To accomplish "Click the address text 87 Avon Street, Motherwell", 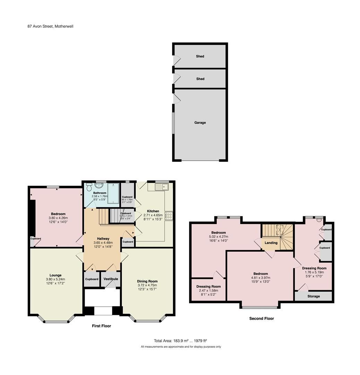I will pyautogui.click(x=50, y=26).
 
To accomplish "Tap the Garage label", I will pyautogui.click(x=200, y=123).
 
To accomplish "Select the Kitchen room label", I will pyautogui.click(x=153, y=211).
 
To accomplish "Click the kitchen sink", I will pyautogui.click(x=162, y=187).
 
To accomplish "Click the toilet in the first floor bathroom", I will pyautogui.click(x=89, y=187).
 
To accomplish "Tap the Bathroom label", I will pyautogui.click(x=100, y=193).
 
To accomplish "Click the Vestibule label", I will pyautogui.click(x=111, y=279).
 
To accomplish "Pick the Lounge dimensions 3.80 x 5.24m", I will pyautogui.click(x=55, y=279).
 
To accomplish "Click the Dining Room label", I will pyautogui.click(x=147, y=281).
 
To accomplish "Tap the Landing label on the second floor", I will pyautogui.click(x=271, y=243).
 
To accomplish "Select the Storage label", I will pyautogui.click(x=313, y=296).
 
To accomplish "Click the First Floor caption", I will pyautogui.click(x=101, y=326).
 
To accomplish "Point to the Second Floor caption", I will pyautogui.click(x=262, y=318).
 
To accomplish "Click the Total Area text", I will pyautogui.click(x=180, y=341).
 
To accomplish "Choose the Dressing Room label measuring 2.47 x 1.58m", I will pyautogui.click(x=208, y=286).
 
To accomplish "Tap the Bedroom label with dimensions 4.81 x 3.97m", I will pyautogui.click(x=260, y=274).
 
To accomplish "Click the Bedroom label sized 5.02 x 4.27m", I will pyautogui.click(x=218, y=233).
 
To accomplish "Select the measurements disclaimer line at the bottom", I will pyautogui.click(x=180, y=347).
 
